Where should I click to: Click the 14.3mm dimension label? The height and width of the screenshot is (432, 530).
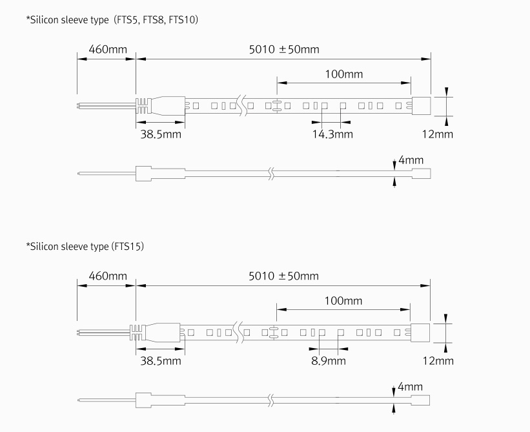332,134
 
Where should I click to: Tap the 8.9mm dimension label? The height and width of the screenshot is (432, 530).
329,361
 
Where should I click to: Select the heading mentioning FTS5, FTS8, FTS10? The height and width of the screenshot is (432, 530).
112,20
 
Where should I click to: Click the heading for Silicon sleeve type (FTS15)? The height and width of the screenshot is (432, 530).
85,247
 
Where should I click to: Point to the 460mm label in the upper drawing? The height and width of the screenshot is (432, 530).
108,49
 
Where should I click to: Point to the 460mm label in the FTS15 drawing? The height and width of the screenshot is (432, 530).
108,276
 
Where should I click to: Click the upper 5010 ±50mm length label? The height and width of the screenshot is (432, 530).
284,49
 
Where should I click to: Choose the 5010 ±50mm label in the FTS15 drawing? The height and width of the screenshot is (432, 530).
283,276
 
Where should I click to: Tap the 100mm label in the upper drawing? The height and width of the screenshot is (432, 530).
343,74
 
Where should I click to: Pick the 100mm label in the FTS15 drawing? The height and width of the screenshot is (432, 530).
343,301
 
